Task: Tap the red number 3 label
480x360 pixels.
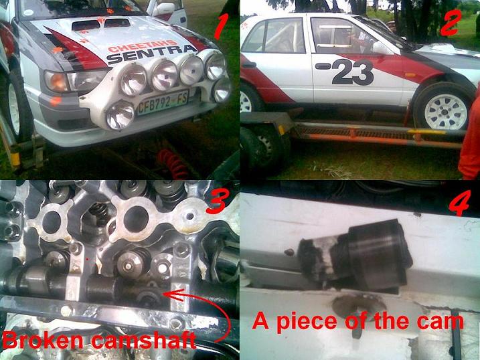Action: coord(218,201)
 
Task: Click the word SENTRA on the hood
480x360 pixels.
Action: coord(151,54)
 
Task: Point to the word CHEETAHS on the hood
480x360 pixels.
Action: coord(143,46)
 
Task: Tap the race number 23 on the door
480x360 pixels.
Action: coord(353,72)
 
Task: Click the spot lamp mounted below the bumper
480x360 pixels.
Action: coord(121,114)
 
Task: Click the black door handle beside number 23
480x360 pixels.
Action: coord(323,66)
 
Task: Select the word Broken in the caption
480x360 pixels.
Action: coord(44,340)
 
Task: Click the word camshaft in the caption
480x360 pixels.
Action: coord(143,341)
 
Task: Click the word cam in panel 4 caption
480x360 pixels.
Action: coord(441,322)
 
